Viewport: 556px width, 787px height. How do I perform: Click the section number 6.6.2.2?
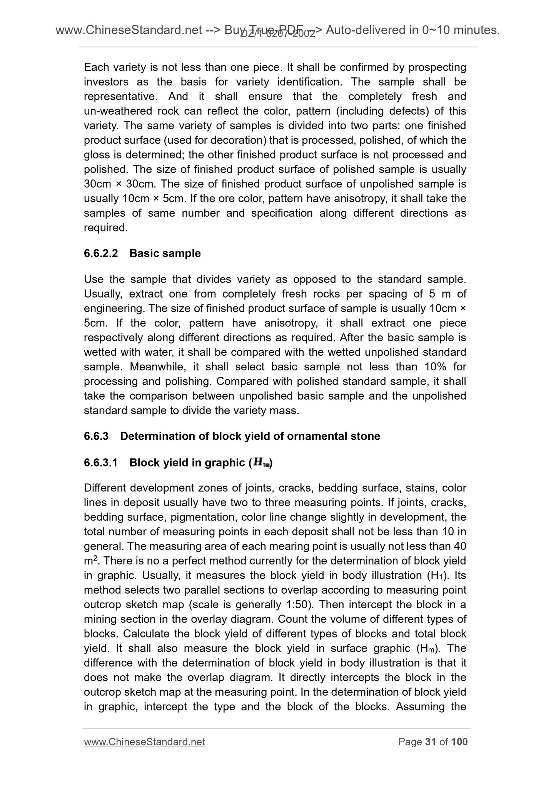click(101, 253)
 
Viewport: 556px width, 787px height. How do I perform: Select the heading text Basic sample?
click(165, 253)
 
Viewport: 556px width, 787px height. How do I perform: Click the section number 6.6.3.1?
click(101, 462)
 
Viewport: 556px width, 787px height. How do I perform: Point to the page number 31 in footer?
click(430, 742)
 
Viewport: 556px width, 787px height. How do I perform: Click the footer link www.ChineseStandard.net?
click(144, 742)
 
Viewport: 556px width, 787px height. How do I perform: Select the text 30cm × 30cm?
click(119, 184)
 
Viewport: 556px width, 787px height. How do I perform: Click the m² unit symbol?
click(89, 561)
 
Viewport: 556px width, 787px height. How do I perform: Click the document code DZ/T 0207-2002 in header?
click(277, 34)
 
